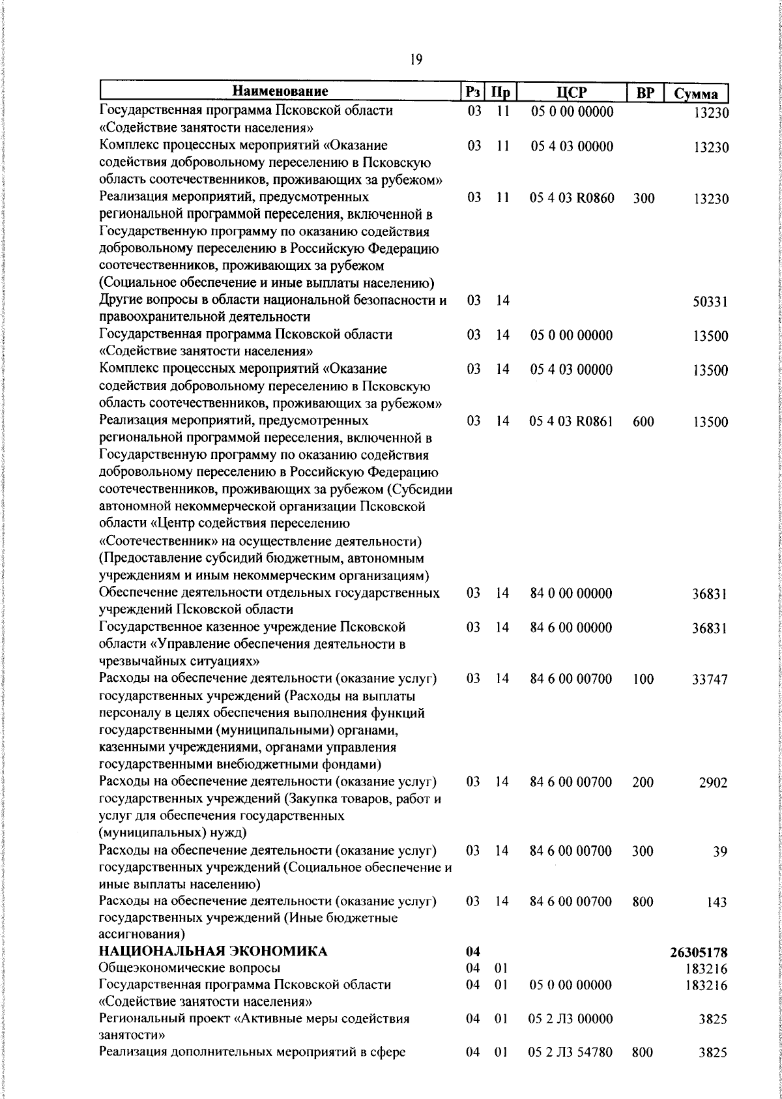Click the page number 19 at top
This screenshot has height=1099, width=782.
point(416,60)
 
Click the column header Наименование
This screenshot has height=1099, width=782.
point(280,91)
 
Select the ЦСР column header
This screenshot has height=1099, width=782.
point(572,93)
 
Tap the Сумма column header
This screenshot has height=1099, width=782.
point(696,93)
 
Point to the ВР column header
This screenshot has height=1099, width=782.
point(644,93)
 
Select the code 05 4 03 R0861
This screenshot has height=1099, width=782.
point(572,422)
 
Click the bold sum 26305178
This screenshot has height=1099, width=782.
point(699,953)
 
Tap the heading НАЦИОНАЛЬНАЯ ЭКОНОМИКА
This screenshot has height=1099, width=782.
point(213,952)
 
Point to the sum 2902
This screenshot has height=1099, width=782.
point(713,783)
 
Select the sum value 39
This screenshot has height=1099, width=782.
point(719,852)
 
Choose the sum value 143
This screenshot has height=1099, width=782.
point(716,903)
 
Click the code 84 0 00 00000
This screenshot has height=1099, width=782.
point(572,594)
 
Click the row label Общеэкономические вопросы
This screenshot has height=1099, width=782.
point(190,967)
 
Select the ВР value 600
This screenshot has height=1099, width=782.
point(643,422)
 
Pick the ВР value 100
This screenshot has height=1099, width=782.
point(643,679)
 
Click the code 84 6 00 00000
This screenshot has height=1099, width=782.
point(572,628)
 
